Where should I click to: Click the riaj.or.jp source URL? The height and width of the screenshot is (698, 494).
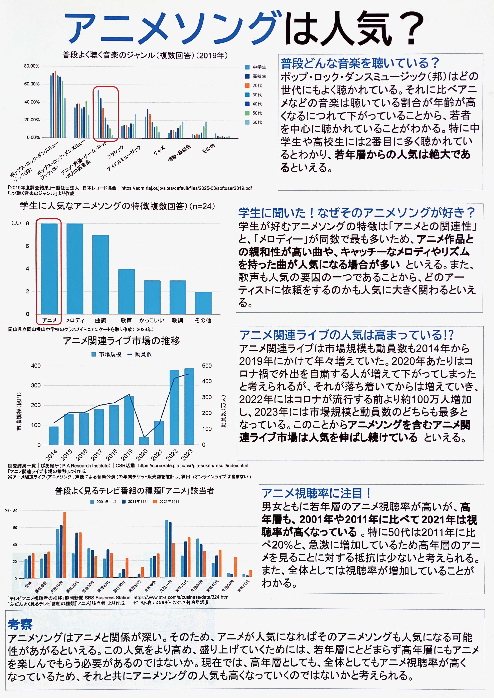pyautogui.click(x=187, y=188)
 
